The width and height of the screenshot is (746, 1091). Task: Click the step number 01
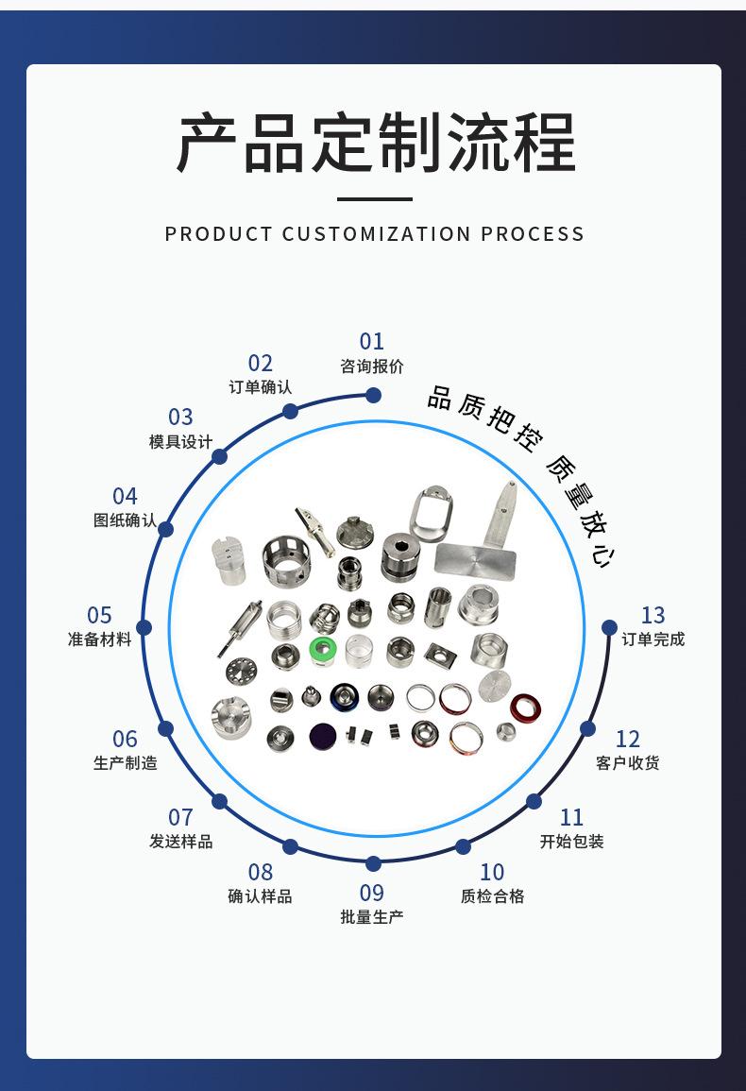coord(372,341)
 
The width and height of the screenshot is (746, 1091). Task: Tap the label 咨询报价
coord(372,366)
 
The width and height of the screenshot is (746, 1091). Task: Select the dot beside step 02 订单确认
coord(290,411)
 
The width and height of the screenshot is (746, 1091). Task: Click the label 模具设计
coord(180,442)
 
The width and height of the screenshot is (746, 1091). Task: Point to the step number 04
coord(125,496)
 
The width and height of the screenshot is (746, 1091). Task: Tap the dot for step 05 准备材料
coord(144,627)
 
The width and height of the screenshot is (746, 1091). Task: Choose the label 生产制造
coord(126,763)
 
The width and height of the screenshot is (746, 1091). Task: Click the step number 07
coord(180,817)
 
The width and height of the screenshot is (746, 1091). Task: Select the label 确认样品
coord(260,896)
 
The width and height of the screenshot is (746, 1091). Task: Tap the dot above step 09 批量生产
coord(373,863)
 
